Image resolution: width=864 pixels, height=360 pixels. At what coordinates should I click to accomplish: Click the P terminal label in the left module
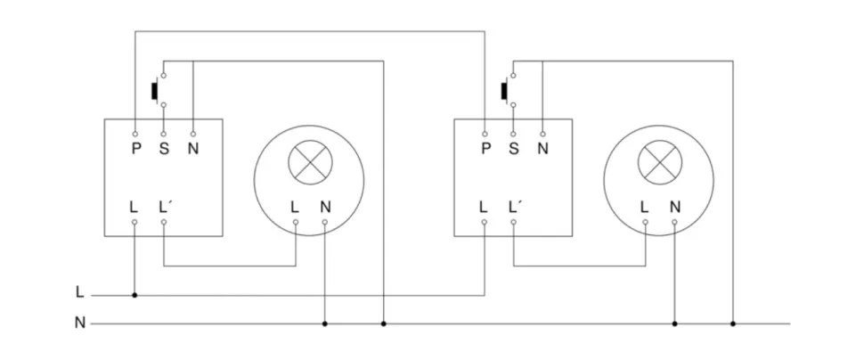(x=135, y=148)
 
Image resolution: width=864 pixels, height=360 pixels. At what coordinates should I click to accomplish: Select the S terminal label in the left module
(x=164, y=148)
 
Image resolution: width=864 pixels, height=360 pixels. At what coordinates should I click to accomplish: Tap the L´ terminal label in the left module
(x=165, y=207)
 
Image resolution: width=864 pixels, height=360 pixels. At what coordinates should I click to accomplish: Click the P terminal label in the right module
(x=485, y=148)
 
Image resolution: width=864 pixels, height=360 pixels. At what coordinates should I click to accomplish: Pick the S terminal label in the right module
(x=514, y=148)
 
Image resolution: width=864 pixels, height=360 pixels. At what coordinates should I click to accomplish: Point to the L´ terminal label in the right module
(x=515, y=207)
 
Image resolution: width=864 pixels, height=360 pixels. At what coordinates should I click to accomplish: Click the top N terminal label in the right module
(x=542, y=148)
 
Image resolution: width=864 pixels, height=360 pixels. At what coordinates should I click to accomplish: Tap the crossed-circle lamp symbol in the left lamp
(x=309, y=161)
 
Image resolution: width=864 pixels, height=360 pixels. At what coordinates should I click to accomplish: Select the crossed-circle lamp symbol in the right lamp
(x=659, y=161)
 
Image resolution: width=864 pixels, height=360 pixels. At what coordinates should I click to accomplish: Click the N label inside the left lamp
(x=325, y=207)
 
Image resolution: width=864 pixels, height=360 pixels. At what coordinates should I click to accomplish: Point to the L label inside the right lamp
(x=644, y=207)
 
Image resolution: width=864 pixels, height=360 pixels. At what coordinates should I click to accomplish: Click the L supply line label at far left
(x=79, y=292)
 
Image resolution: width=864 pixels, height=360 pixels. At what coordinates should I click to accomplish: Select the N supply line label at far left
(x=79, y=323)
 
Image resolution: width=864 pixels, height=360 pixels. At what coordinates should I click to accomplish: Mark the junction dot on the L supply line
(x=134, y=294)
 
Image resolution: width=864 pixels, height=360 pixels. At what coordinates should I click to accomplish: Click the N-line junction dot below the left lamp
(x=325, y=323)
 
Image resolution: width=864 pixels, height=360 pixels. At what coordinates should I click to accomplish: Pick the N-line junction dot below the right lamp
(x=674, y=323)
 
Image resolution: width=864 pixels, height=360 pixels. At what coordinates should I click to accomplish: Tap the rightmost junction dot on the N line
(x=733, y=323)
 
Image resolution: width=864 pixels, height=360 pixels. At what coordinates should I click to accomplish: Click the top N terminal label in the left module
(x=192, y=148)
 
